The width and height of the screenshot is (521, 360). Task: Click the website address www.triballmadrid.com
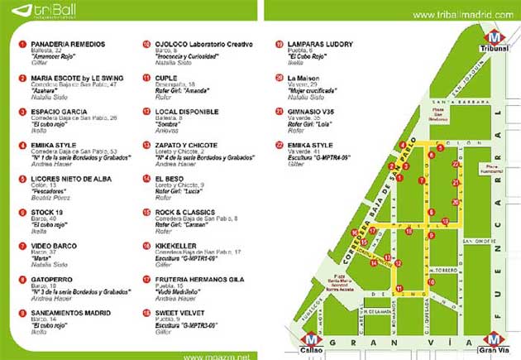pyautogui.click(x=462, y=15)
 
